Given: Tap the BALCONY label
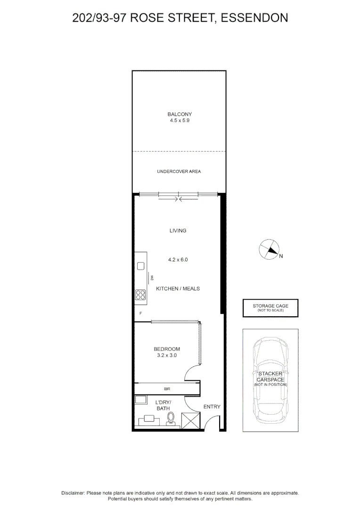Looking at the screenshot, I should (180, 114).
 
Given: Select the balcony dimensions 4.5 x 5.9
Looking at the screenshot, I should (180, 121).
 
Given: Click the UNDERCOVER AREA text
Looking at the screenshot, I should (179, 172).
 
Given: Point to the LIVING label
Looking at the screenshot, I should (178, 231).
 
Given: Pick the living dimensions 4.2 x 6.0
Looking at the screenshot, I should (178, 260).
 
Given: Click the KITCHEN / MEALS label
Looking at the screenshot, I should (178, 288).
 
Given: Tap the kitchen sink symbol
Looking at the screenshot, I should (140, 266).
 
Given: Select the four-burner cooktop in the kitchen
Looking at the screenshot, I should (140, 295).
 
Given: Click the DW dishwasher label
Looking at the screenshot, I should (151, 278).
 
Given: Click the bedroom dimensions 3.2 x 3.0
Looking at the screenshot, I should (167, 356).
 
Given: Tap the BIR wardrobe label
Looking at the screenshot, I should (167, 389).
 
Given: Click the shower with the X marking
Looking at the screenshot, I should (191, 419).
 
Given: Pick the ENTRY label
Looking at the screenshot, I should (212, 407).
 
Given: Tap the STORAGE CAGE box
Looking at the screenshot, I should (270, 308).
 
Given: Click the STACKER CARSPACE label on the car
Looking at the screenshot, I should (270, 377).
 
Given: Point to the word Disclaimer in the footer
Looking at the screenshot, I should (73, 493).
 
